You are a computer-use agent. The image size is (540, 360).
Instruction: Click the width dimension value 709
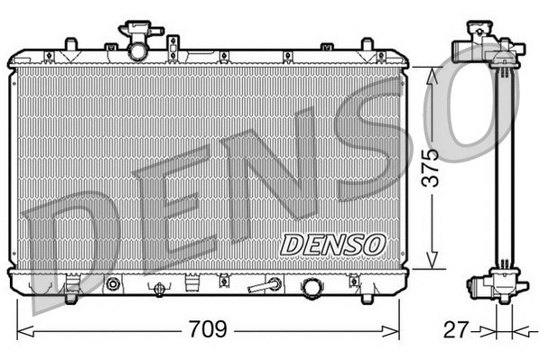click(208, 329)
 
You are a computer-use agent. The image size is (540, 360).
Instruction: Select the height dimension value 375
click(434, 167)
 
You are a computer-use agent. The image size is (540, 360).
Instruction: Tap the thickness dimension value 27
click(458, 329)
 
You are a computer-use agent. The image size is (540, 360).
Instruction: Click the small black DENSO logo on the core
click(332, 244)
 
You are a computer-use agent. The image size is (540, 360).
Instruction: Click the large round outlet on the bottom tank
click(312, 287)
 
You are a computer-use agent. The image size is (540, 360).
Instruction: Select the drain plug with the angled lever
click(265, 286)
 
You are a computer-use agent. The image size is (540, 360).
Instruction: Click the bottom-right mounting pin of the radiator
click(367, 291)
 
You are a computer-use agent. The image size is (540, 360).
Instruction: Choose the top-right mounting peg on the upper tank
click(367, 45)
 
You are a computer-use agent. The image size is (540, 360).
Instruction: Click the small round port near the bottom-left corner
click(113, 285)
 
